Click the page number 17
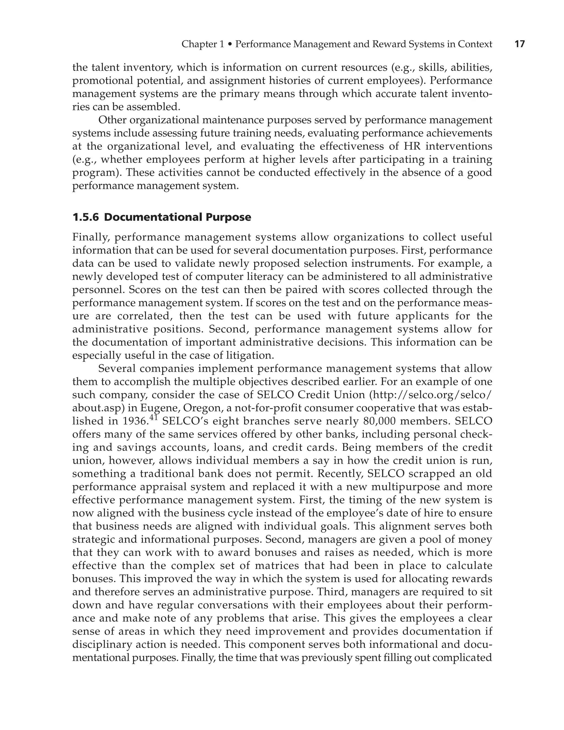[520, 44]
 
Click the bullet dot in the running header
[230, 44]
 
